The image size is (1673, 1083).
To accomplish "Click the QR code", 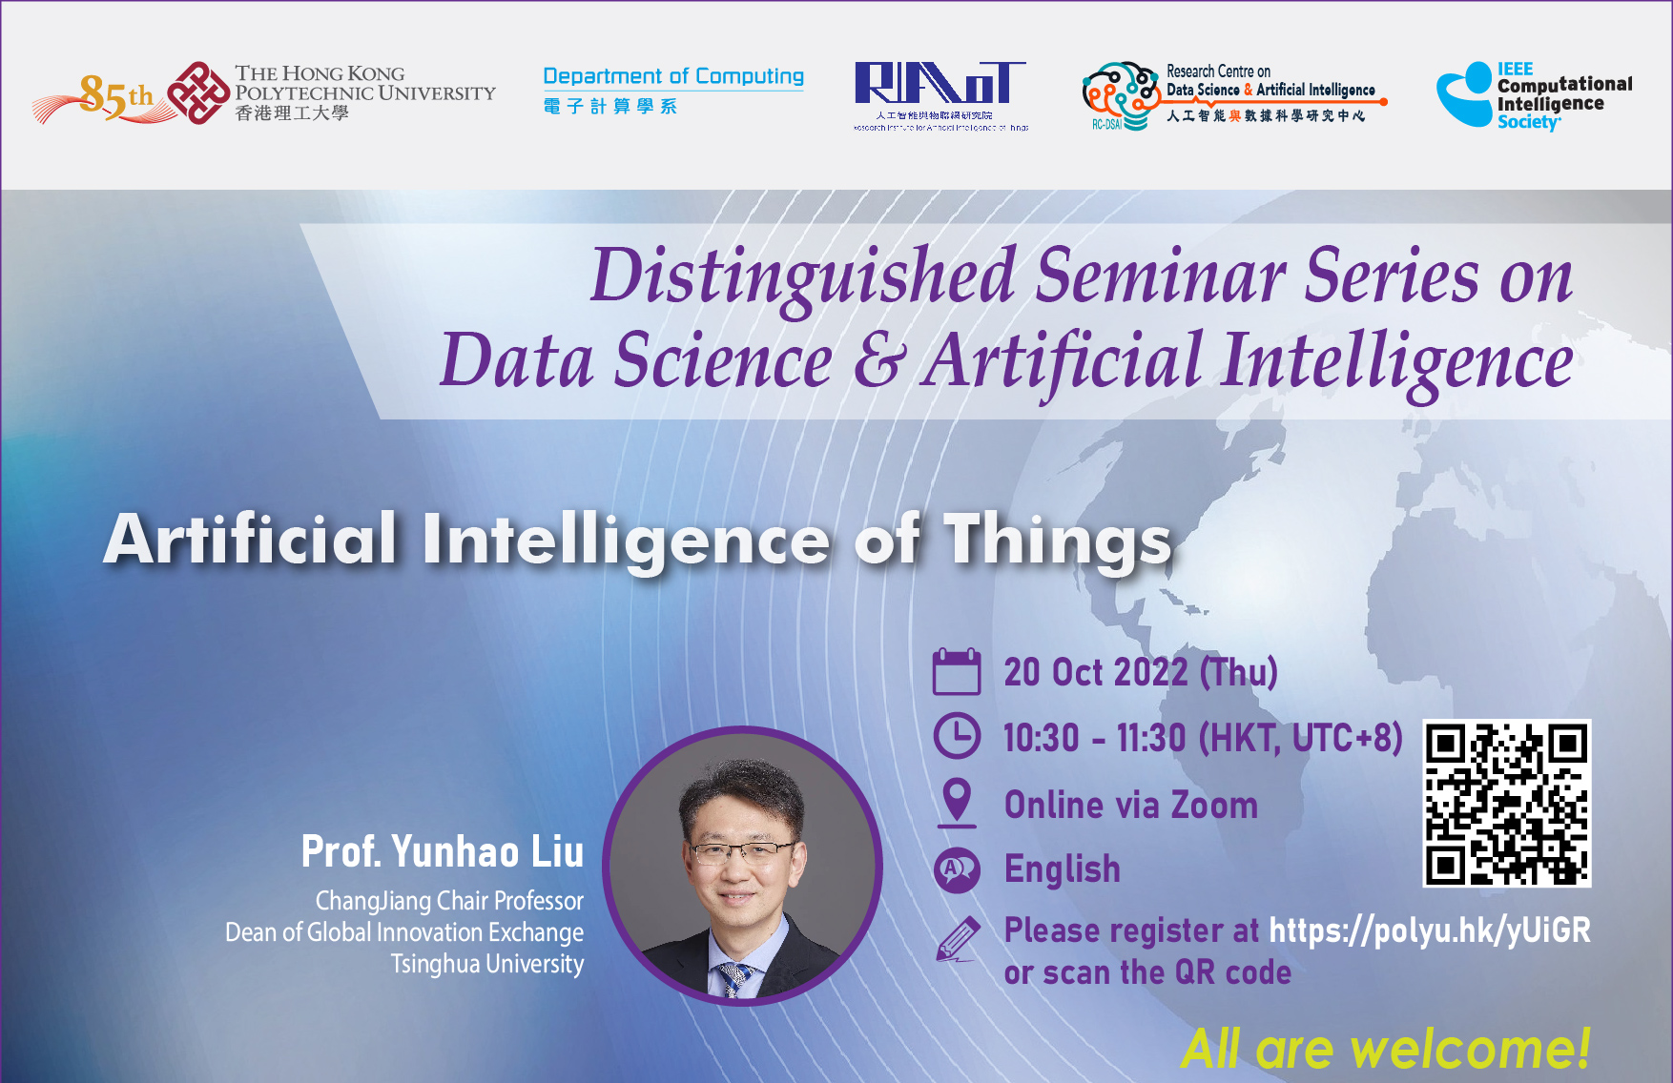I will pyautogui.click(x=1507, y=803).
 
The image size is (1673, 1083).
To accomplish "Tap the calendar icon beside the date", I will pyautogui.click(x=956, y=671).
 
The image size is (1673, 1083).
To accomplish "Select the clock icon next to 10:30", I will pyautogui.click(x=956, y=736).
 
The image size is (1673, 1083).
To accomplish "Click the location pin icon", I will pyautogui.click(x=956, y=801).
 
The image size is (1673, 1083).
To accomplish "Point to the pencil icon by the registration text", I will pyautogui.click(x=958, y=938).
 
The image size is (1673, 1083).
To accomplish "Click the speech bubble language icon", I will pyautogui.click(x=956, y=869).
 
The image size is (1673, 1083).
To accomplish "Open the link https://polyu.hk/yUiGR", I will pyautogui.click(x=1429, y=930).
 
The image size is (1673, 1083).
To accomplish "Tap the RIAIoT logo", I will pyautogui.click(x=940, y=86).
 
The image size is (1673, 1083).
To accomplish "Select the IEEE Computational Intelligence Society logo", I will pyautogui.click(x=1534, y=95).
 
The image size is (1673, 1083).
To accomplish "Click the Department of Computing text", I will pyautogui.click(x=673, y=76).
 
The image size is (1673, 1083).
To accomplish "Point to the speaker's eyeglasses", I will pyautogui.click(x=741, y=851).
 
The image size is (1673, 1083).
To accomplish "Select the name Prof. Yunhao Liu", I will pyautogui.click(x=443, y=851).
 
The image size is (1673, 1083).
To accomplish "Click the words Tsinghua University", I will pyautogui.click(x=487, y=964).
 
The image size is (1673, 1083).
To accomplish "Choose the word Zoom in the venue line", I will pyautogui.click(x=1214, y=806).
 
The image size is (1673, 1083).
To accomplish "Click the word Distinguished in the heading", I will pyautogui.click(x=803, y=276).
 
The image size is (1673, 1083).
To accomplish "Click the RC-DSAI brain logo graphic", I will pyautogui.click(x=1122, y=95).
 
